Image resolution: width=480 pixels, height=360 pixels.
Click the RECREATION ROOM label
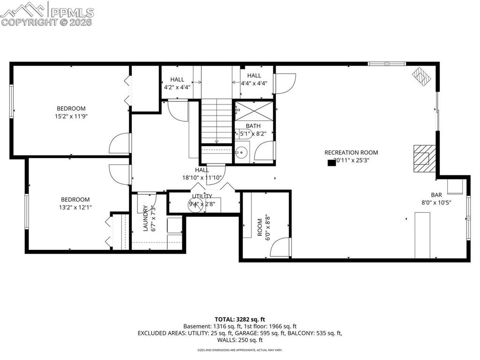[x=351, y=152]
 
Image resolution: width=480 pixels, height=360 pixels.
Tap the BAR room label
[x=436, y=195]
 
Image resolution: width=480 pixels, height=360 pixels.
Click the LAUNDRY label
[x=145, y=218]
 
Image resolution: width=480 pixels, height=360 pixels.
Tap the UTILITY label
[x=202, y=196]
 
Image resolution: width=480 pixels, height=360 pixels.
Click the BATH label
[x=253, y=126]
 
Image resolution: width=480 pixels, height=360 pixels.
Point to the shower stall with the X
[x=253, y=111]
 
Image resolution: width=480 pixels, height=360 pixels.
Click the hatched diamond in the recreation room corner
[x=421, y=76]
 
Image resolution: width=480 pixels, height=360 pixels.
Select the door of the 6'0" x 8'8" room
[x=280, y=247]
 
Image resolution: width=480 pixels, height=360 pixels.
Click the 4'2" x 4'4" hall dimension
[x=177, y=87]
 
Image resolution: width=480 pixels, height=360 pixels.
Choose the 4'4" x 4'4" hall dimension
[x=254, y=83]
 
